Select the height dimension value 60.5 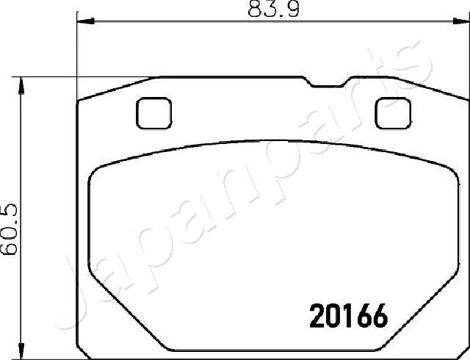10,228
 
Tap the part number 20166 346,317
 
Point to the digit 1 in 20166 347,317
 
